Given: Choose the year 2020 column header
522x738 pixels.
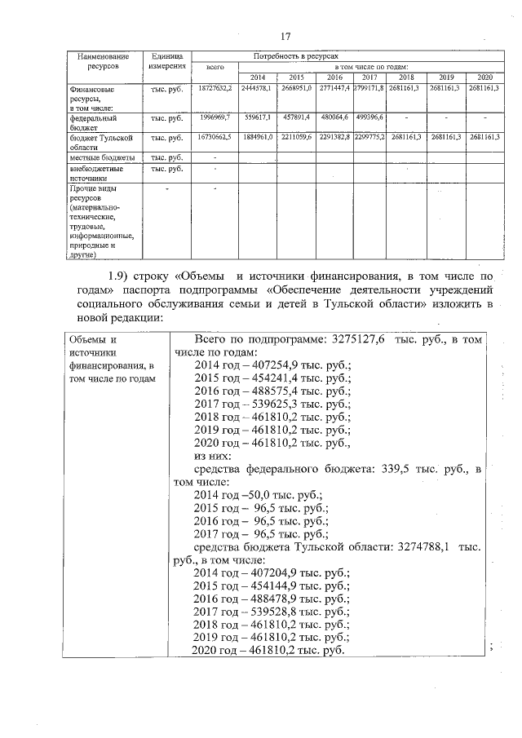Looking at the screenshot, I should pos(484,76).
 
